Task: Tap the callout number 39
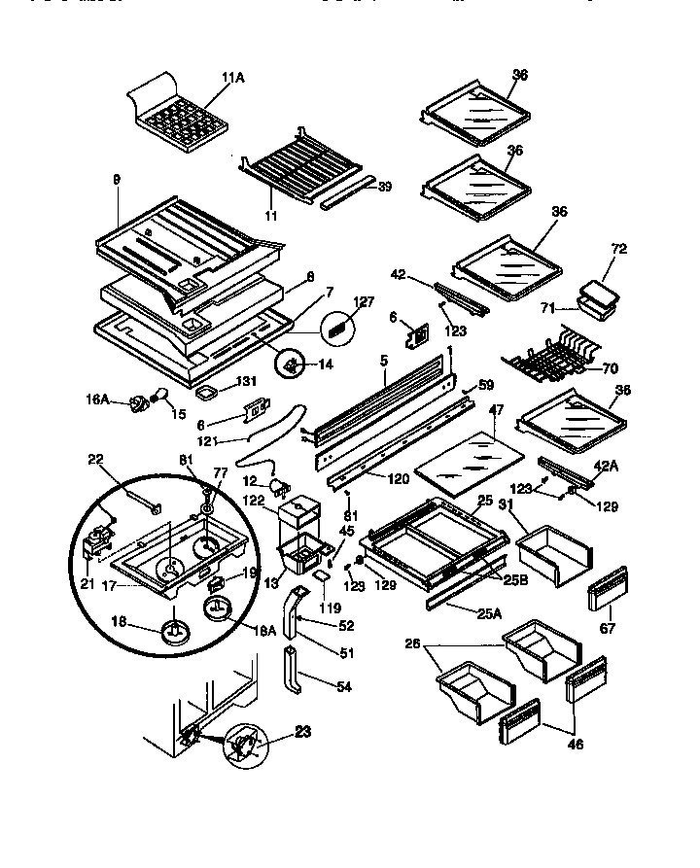384,187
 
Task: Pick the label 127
364,301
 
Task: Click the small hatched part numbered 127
336,329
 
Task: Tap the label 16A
97,398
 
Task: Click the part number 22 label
96,460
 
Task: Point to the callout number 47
496,412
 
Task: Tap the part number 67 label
610,630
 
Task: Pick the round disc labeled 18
175,633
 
